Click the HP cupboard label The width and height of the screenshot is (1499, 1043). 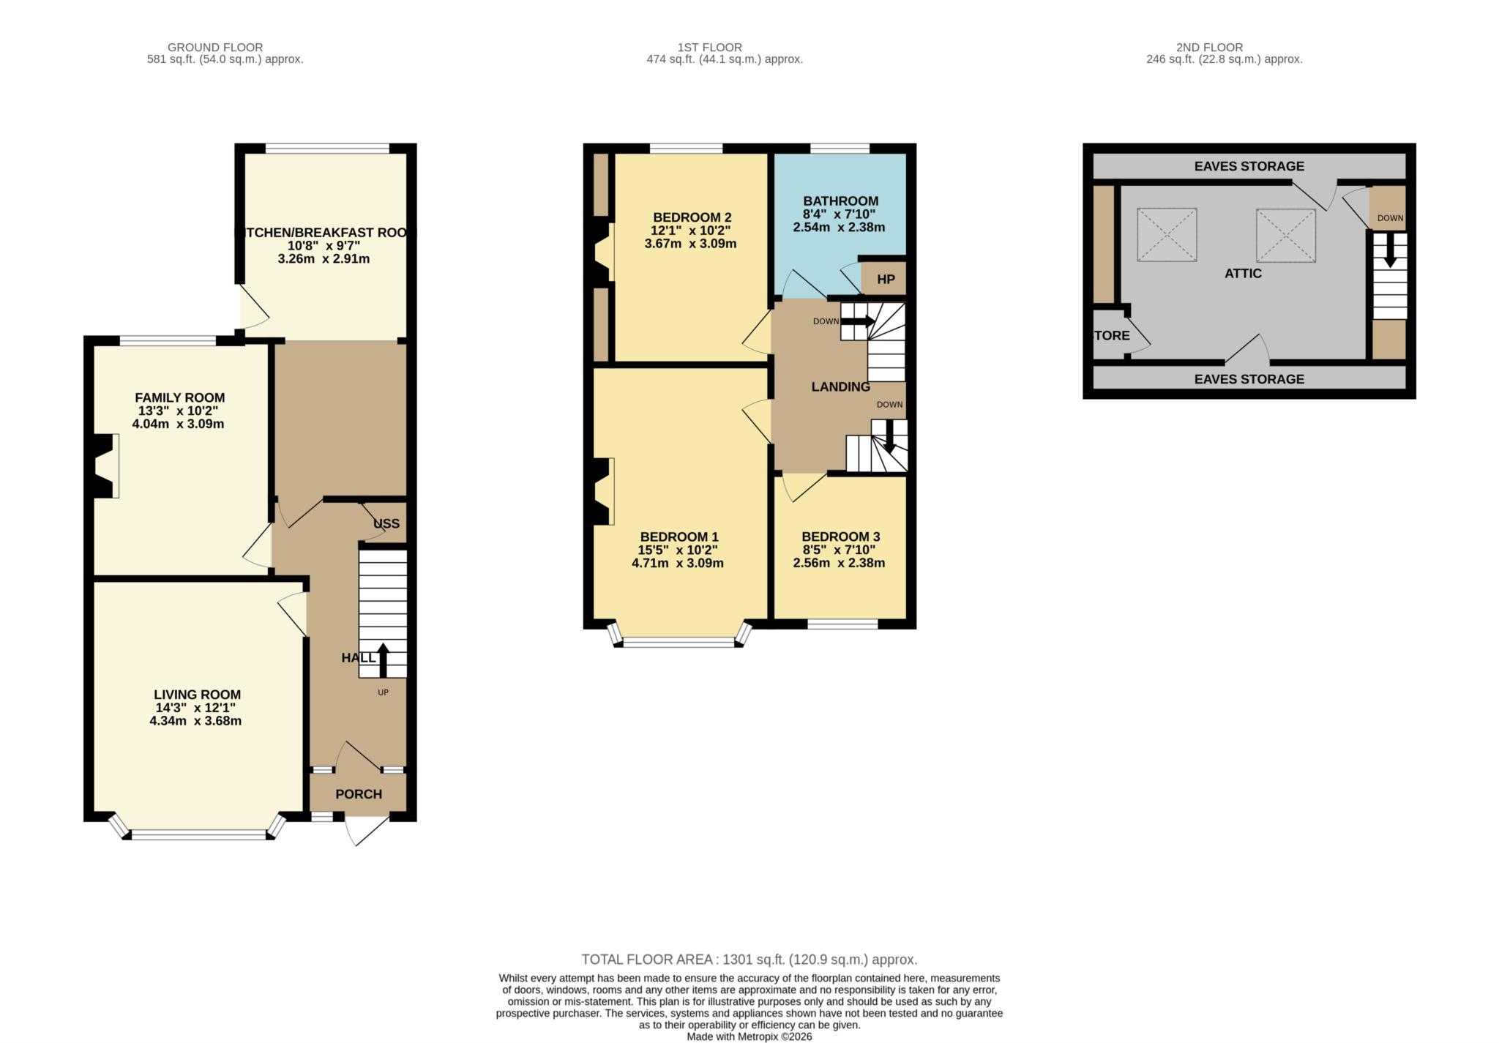[x=885, y=280]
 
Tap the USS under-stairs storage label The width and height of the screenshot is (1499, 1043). [x=386, y=524]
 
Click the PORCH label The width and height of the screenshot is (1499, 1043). [x=359, y=794]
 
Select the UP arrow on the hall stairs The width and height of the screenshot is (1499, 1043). [x=383, y=659]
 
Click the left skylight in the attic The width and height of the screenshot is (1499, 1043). [x=1167, y=235]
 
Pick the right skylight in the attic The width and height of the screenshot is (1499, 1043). [x=1286, y=236]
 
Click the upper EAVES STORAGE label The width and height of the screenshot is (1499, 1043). [x=1249, y=167]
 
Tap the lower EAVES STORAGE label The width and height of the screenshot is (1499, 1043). [x=1249, y=379]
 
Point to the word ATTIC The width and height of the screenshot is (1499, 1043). [x=1243, y=274]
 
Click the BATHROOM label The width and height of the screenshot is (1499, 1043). [x=840, y=201]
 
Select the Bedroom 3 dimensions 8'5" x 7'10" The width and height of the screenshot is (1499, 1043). [x=839, y=550]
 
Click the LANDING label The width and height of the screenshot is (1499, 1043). [x=840, y=387]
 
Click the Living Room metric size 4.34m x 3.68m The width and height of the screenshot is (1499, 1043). [x=195, y=721]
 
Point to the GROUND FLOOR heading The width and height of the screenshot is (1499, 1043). [x=215, y=48]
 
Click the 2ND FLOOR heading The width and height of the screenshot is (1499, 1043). [x=1209, y=48]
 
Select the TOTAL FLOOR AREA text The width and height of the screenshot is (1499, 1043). [x=749, y=960]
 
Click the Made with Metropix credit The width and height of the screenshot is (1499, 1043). [x=749, y=1036]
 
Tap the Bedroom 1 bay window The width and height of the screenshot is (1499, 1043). [x=679, y=643]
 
